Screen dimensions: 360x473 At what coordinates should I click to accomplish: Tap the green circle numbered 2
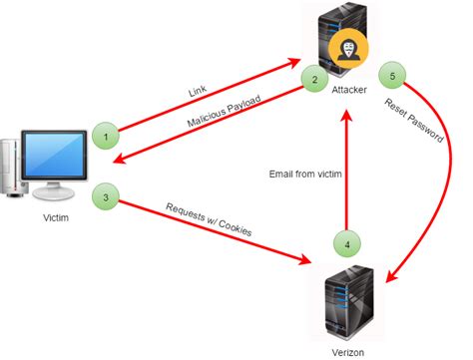[x=314, y=80]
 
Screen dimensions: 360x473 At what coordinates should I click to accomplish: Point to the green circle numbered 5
[x=393, y=76]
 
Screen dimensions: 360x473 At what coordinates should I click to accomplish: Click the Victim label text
[x=57, y=215]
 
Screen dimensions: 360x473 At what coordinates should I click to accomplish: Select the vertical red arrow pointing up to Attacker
[x=346, y=170]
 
